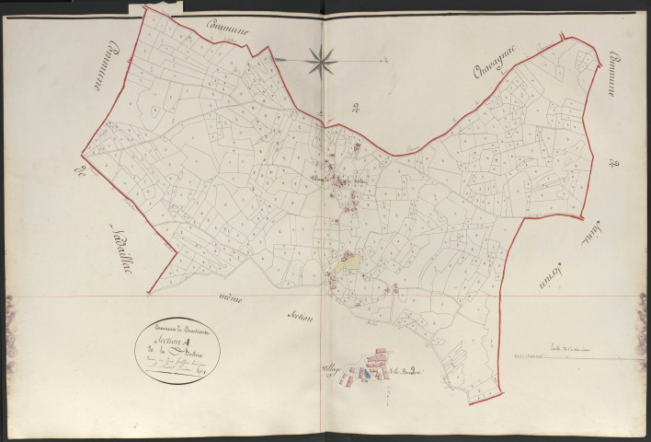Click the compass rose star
[x=322, y=62]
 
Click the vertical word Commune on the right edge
[x=608, y=75]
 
